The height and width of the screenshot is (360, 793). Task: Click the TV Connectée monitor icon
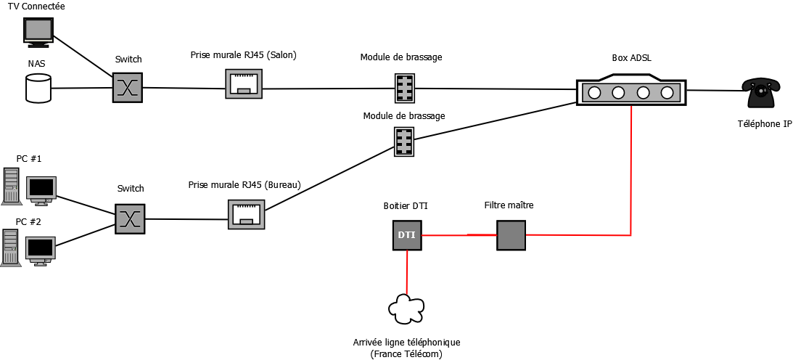coord(38,30)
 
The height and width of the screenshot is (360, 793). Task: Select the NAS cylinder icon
coord(38,89)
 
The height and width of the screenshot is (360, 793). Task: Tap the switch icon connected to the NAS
coord(128,88)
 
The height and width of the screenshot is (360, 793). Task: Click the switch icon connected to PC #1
coord(130,218)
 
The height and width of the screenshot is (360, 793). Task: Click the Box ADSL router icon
coord(630,92)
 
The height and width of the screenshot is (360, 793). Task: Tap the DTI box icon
coord(407,235)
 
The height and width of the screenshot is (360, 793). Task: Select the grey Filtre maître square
coord(510,235)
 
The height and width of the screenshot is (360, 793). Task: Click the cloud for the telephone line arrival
coord(406,308)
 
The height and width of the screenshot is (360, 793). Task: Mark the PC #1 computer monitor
coord(41,187)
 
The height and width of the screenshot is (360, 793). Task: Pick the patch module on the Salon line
coord(405,89)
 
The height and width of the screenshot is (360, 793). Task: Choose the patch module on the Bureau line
coord(404,142)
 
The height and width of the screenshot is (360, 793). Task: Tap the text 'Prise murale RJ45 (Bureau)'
coord(244,185)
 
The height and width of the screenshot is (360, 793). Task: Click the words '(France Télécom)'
coord(406,353)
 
